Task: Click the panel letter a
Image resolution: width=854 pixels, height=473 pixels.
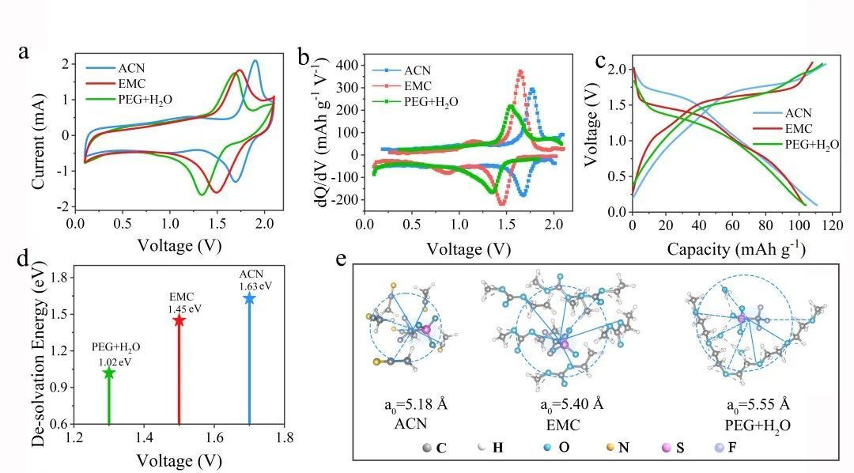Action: tap(25, 53)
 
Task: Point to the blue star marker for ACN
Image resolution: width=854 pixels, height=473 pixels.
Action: tap(250, 298)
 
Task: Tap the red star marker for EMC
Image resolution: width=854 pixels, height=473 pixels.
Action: tap(179, 320)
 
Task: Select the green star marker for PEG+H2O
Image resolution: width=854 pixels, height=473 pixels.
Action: tap(108, 373)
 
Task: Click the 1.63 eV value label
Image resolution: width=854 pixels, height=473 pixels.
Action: tap(250, 286)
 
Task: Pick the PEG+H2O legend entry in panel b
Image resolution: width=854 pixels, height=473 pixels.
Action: tap(431, 101)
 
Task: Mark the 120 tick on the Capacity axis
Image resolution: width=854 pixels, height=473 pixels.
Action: tap(833, 227)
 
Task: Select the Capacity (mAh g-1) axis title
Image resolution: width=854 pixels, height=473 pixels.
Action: tap(736, 250)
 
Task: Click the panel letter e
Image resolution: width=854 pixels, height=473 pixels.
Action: tap(341, 259)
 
